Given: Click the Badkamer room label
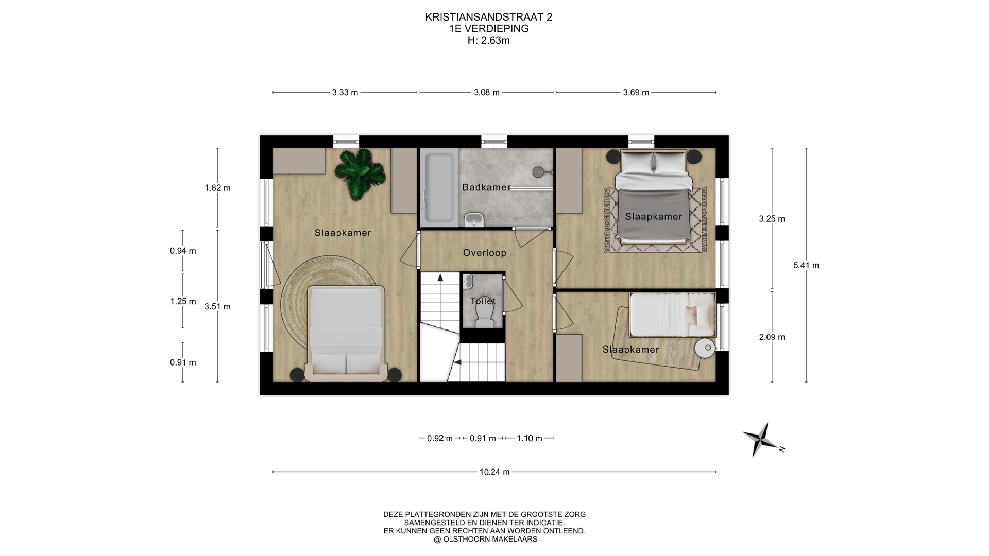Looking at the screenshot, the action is pyautogui.click(x=486, y=187).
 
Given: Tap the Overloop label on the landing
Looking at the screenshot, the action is pyautogui.click(x=484, y=253).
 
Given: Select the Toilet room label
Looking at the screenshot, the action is pyautogui.click(x=483, y=301).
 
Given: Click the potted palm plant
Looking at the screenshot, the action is pyautogui.click(x=360, y=174).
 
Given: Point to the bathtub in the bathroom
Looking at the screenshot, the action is pyautogui.click(x=439, y=188).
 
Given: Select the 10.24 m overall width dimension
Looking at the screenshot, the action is pyautogui.click(x=494, y=472).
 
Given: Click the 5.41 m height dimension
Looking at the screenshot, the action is pyautogui.click(x=806, y=265).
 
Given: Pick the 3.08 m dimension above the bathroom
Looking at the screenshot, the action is pyautogui.click(x=487, y=93).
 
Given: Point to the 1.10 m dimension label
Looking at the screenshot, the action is pyautogui.click(x=530, y=438).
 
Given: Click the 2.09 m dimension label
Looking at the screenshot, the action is pyautogui.click(x=772, y=337).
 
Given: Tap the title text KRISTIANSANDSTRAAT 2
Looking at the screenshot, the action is pyautogui.click(x=488, y=17).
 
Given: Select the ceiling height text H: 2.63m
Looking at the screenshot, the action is pyautogui.click(x=488, y=40).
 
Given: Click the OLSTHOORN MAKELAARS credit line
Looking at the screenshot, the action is pyautogui.click(x=485, y=540).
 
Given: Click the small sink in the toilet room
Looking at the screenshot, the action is pyautogui.click(x=468, y=281).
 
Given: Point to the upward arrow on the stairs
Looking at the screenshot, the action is pyautogui.click(x=440, y=277).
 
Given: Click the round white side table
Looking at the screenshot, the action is pyautogui.click(x=705, y=348).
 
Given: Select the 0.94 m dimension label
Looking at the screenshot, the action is pyautogui.click(x=183, y=251).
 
